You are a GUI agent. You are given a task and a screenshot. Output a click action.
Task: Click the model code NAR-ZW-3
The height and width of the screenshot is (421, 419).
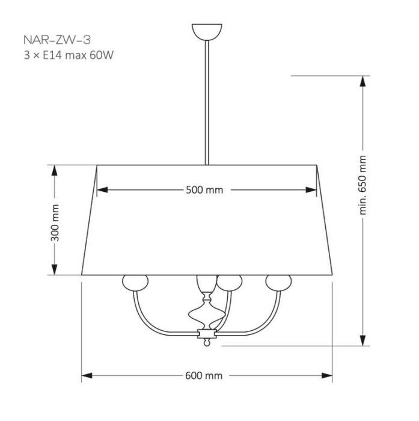pyautogui.click(x=57, y=40)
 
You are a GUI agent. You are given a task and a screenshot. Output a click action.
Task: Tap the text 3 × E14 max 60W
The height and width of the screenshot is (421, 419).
pyautogui.click(x=69, y=55)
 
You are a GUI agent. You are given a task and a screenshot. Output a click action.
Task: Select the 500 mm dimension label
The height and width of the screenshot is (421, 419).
pyautogui.click(x=204, y=190)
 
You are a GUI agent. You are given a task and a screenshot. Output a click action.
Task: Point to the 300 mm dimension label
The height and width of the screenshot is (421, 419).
pyautogui.click(x=55, y=223)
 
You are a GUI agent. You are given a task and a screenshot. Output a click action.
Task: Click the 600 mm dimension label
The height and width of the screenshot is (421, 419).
pyautogui.click(x=204, y=376)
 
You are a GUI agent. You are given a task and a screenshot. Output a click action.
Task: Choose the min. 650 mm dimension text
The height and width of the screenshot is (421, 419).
pyautogui.click(x=362, y=185)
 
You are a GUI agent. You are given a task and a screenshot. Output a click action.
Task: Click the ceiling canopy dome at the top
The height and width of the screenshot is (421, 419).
pyautogui.click(x=207, y=32)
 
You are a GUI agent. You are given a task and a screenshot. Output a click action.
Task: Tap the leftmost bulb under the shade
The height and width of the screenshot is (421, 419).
pyautogui.click(x=135, y=283)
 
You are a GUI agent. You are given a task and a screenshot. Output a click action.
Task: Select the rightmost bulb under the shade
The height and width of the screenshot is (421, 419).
pyautogui.click(x=278, y=283)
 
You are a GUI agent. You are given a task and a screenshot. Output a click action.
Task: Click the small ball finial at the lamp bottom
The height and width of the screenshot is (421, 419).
pyautogui.click(x=207, y=343)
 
